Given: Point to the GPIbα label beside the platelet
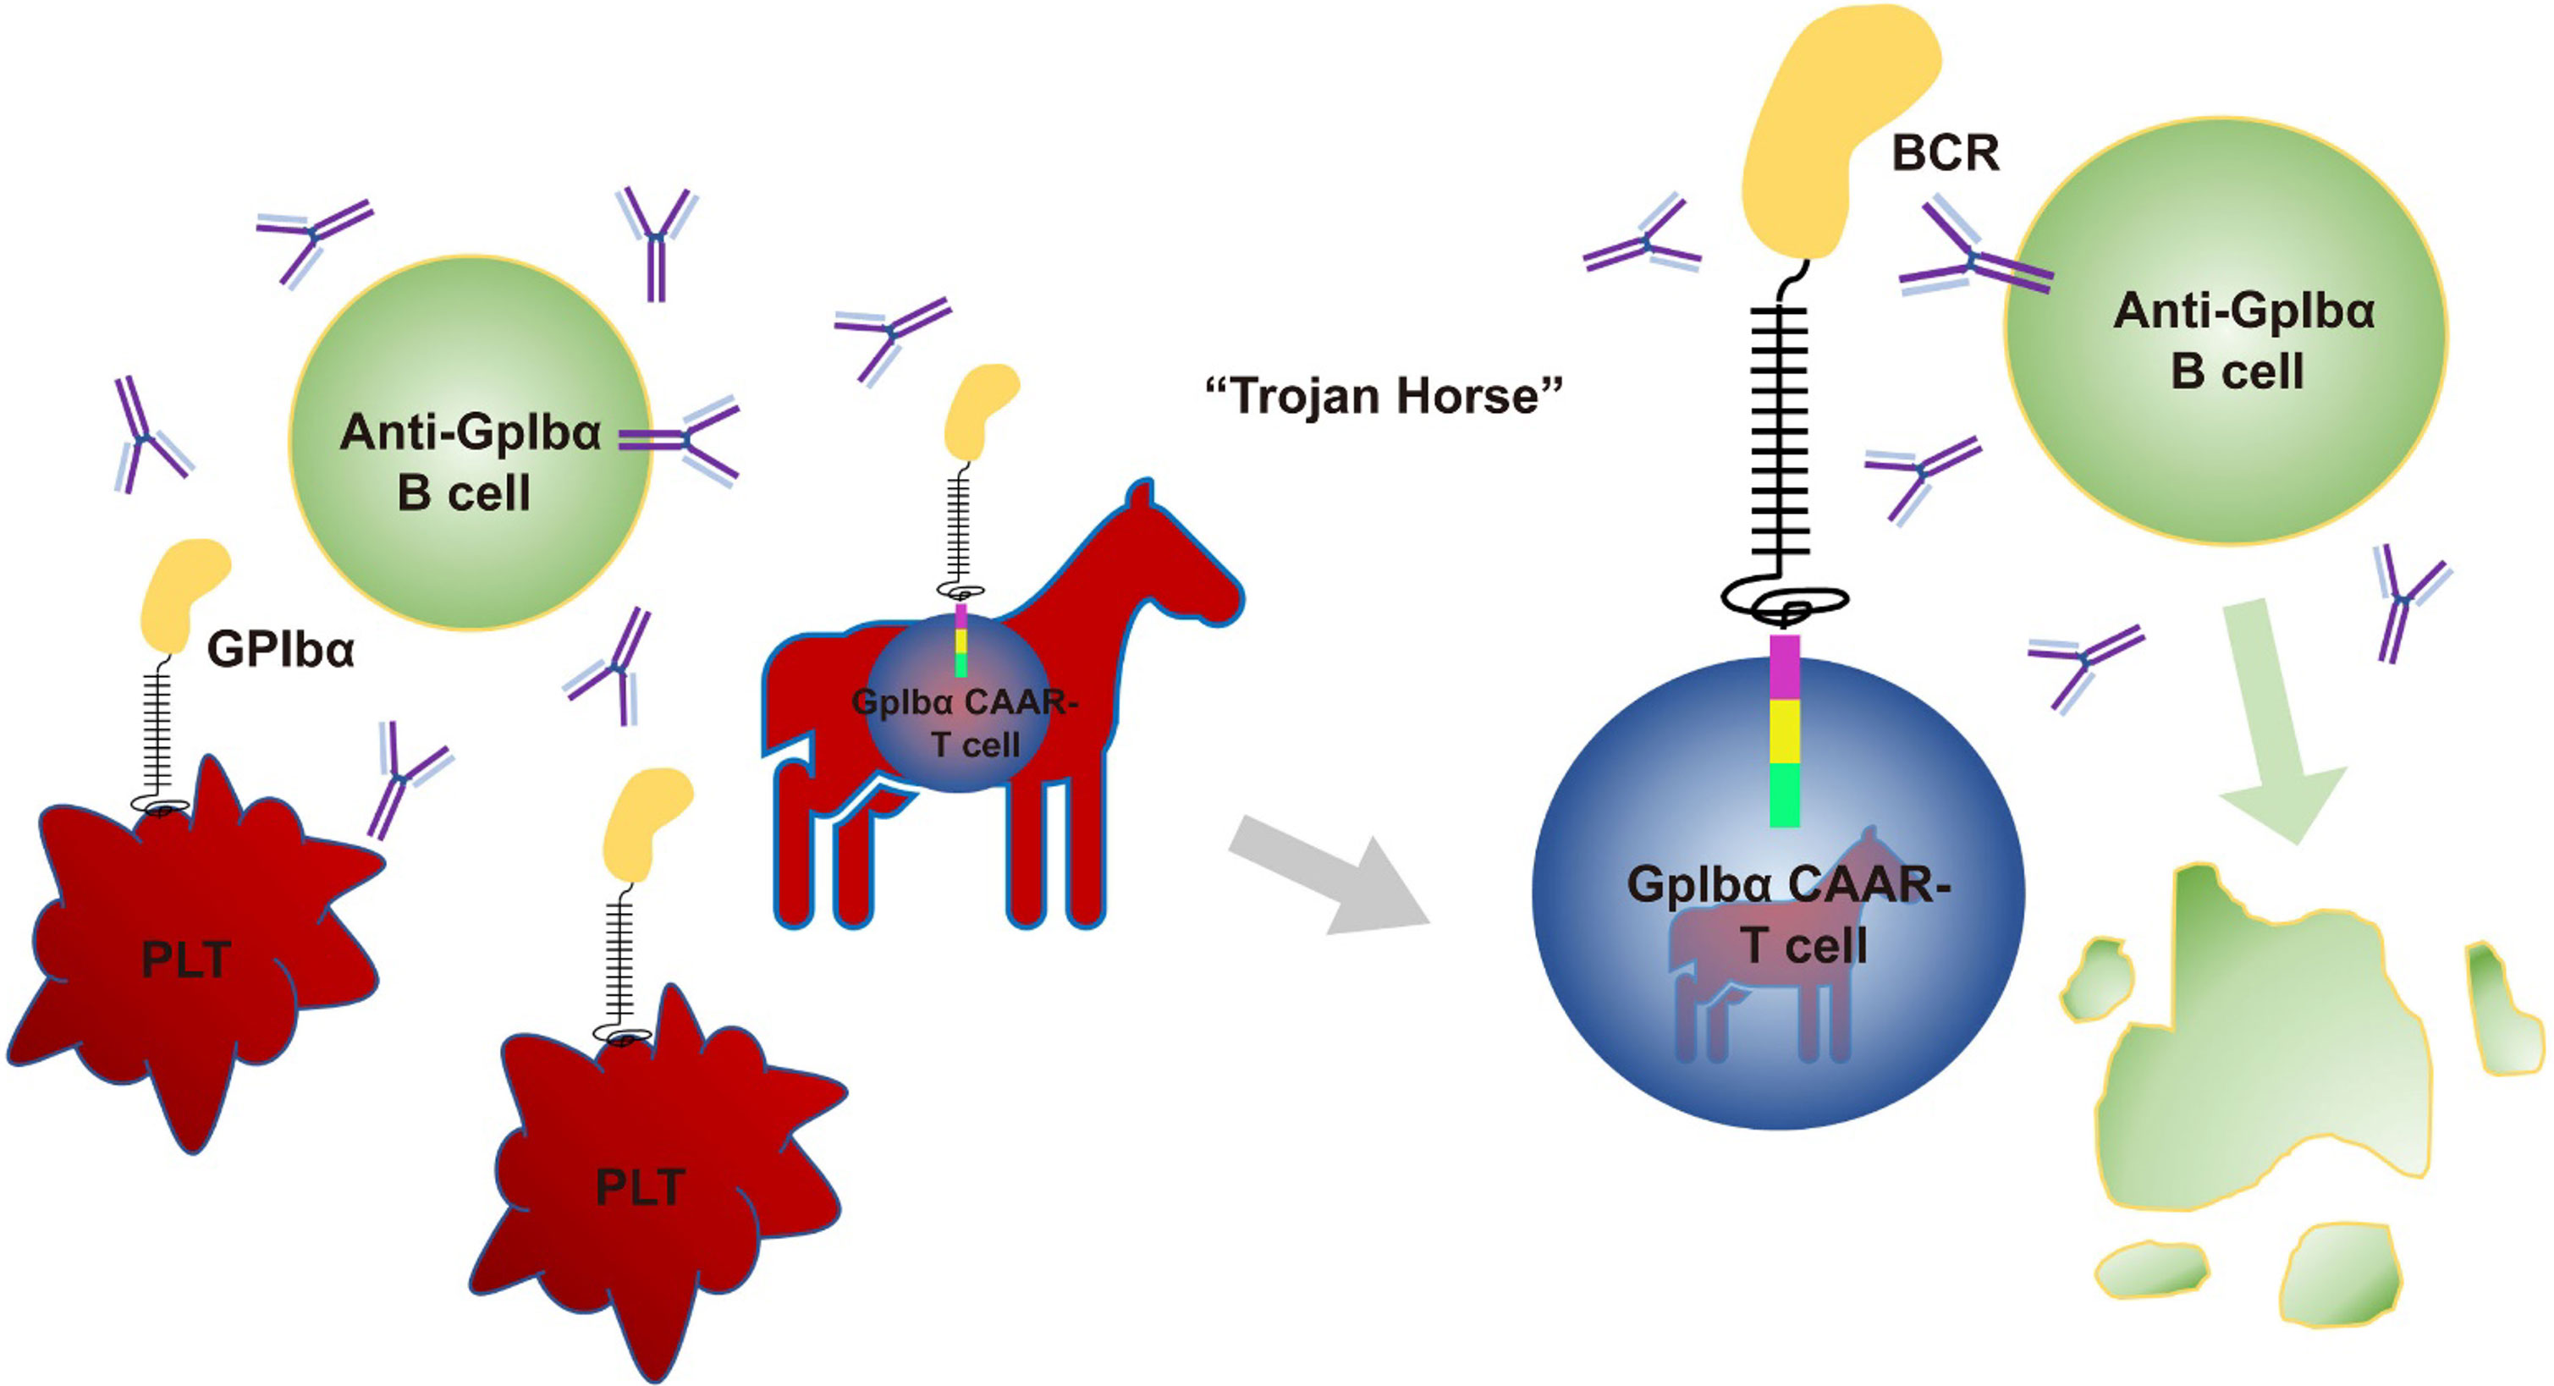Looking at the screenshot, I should click(281, 651).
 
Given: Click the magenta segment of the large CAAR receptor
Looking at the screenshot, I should click(1784, 666).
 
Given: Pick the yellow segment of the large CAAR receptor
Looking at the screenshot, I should click(1784, 732).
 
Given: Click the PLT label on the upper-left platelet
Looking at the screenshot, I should click(186, 960).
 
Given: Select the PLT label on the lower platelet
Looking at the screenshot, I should click(640, 1186).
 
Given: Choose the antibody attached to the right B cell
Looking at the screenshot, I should click(1973, 262).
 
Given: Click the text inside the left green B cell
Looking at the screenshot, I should click(468, 462).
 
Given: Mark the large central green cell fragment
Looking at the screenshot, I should click(2271, 1051).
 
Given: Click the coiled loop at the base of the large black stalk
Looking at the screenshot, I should click(1784, 601).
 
